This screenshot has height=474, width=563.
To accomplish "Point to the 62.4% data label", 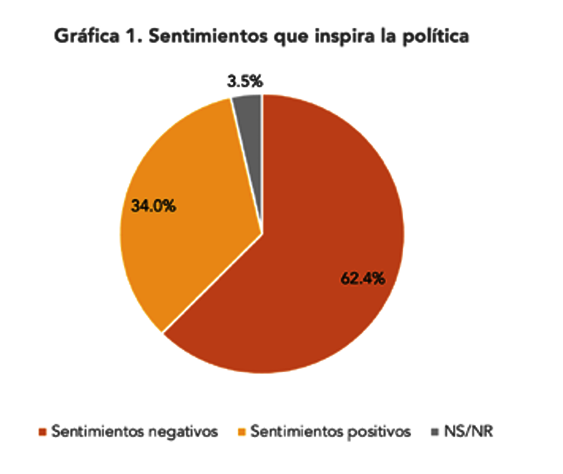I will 363,279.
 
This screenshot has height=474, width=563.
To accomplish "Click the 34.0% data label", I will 155,207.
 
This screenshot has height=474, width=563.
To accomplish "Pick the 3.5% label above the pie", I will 245,82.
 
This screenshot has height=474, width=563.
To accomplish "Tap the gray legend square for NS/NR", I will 434,431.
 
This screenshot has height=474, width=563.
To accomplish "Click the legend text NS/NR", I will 466,431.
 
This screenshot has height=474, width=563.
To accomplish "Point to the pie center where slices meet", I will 262,233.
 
